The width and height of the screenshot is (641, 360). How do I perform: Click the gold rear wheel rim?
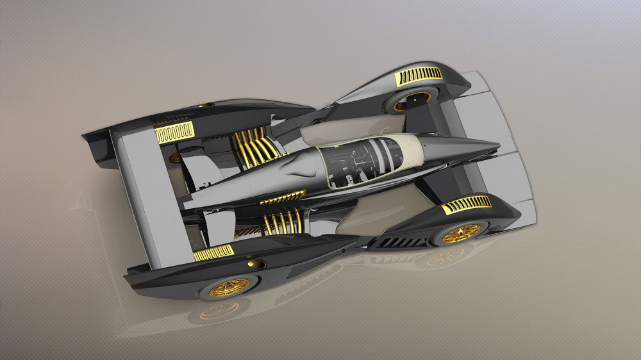tap(229, 287)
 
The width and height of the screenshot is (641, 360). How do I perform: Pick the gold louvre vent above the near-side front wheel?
tap(467, 205)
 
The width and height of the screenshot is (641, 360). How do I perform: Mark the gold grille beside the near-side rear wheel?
tap(213, 253)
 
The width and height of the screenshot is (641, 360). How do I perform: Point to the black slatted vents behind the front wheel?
tap(401, 242)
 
